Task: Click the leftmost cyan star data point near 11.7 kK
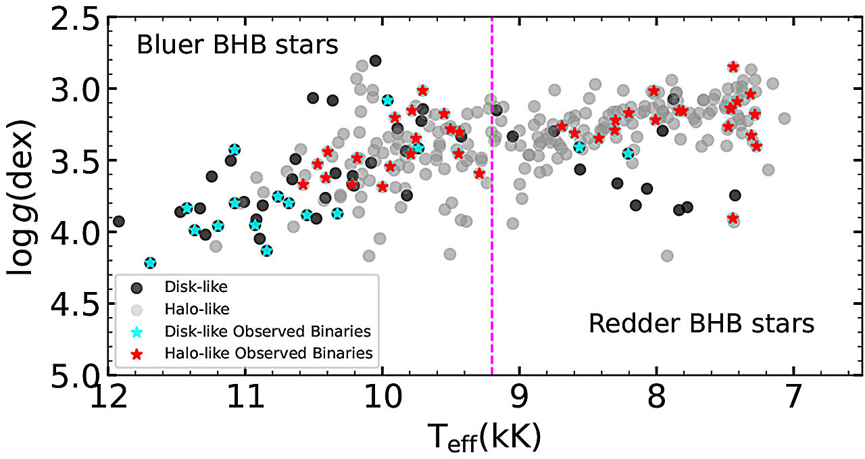tap(150, 263)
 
